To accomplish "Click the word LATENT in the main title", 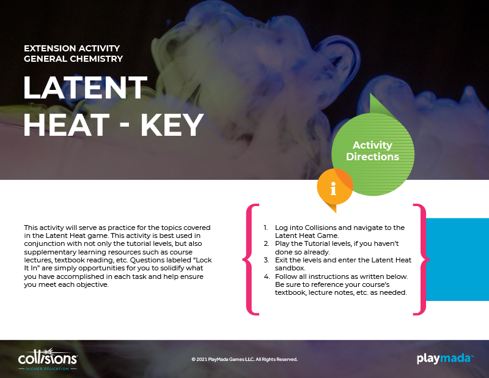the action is tap(86, 87).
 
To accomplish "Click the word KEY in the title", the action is tap(172, 125).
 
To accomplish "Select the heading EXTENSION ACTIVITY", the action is tap(72, 48).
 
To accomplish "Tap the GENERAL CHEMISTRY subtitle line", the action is tap(73, 59).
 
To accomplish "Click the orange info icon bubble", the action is tap(334, 187).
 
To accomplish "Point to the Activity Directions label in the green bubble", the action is tap(373, 150).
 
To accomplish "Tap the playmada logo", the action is tap(445, 358).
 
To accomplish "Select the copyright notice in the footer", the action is tap(244, 359).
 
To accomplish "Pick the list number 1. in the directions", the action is tap(265, 228).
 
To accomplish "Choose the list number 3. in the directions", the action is tap(266, 260).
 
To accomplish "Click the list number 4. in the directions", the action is tap(267, 276).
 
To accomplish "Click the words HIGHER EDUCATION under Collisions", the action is tap(48, 369).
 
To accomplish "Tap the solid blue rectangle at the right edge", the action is tap(457, 259).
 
